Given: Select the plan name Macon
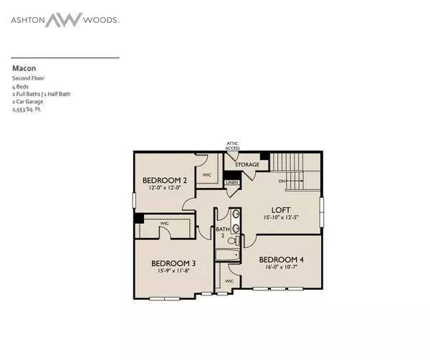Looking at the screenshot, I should tap(21, 69).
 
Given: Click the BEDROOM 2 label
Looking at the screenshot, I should tap(163, 180).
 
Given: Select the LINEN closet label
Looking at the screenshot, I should tap(231, 183).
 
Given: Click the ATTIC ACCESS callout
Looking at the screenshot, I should tap(232, 146).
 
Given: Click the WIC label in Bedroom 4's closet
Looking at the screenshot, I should tap(230, 280).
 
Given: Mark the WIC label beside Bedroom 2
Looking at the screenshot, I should tap(206, 174).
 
